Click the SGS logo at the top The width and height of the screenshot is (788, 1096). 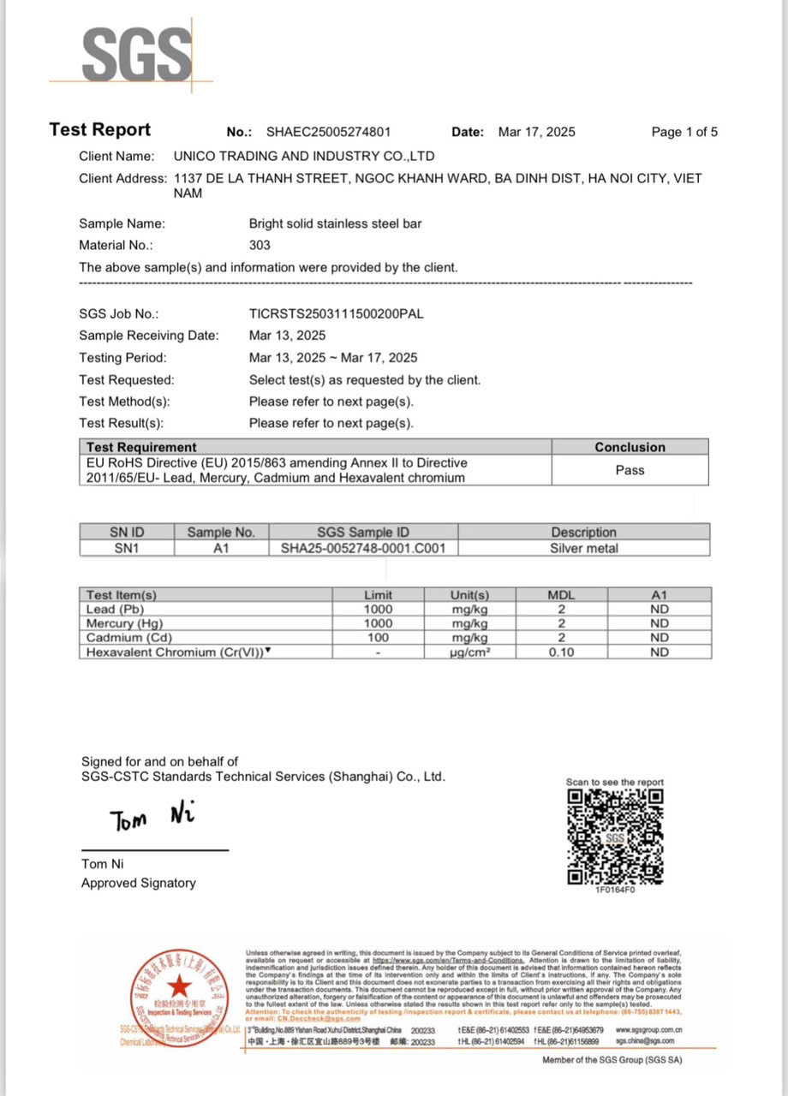click(136, 55)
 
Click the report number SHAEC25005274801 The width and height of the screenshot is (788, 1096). click(328, 132)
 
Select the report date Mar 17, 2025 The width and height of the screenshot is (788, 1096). click(536, 132)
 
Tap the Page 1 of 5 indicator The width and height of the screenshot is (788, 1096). click(684, 132)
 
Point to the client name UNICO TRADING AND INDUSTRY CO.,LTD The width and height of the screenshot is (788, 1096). click(304, 156)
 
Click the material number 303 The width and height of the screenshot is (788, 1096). click(260, 245)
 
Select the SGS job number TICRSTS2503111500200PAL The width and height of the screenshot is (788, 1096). click(336, 313)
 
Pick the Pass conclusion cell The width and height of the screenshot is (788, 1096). click(630, 470)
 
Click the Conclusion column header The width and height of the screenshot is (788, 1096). click(630, 447)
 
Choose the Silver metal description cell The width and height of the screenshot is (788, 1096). click(583, 548)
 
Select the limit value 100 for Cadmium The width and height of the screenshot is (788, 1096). click(378, 638)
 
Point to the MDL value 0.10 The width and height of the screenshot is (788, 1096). click(561, 652)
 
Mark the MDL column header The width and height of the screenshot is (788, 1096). click(561, 594)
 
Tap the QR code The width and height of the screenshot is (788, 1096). click(615, 836)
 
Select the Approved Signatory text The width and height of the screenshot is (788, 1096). click(138, 883)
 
